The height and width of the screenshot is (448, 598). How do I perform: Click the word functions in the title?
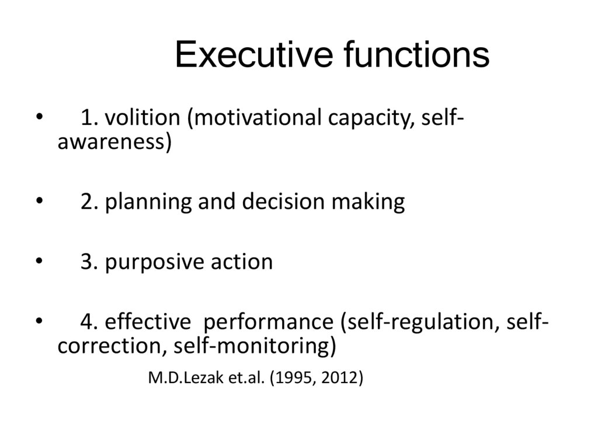click(x=416, y=55)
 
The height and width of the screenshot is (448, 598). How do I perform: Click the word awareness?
click(x=114, y=142)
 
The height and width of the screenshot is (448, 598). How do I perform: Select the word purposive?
click(x=152, y=262)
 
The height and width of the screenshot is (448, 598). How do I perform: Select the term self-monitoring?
click(x=255, y=346)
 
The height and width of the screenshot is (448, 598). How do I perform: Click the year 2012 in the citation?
click(x=340, y=378)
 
